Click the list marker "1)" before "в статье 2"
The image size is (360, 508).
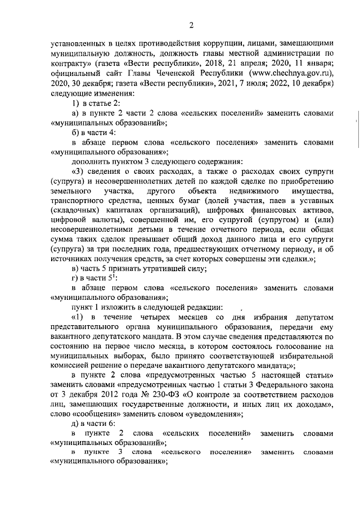[76, 104]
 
